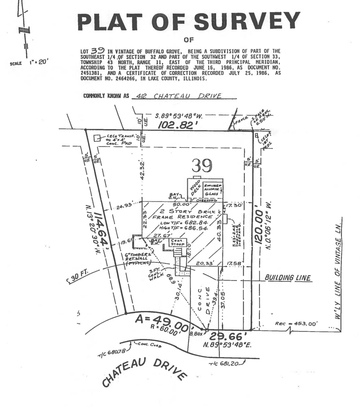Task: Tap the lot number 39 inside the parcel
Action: [202, 165]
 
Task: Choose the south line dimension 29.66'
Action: [228, 336]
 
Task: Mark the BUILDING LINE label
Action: [288, 278]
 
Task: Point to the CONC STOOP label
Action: [177, 242]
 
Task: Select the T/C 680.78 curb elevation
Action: [113, 353]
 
